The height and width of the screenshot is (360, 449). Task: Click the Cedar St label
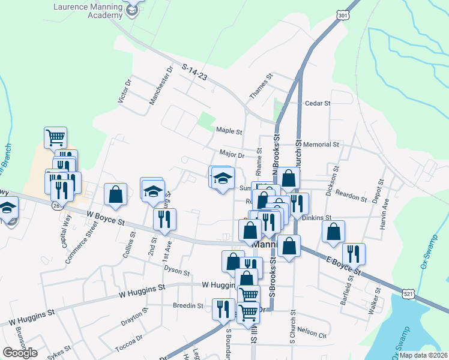pyautogui.click(x=318, y=103)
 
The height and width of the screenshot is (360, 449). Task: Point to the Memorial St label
pyautogui.click(x=321, y=145)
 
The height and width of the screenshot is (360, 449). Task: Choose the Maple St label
pyautogui.click(x=229, y=130)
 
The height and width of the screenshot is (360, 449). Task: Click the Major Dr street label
pyautogui.click(x=232, y=155)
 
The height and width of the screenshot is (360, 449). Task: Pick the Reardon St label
pyautogui.click(x=352, y=197)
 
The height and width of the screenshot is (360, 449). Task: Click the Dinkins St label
pyautogui.click(x=317, y=218)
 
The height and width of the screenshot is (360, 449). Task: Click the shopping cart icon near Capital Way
pyautogui.click(x=55, y=137)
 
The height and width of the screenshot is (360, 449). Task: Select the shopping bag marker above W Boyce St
pyautogui.click(x=115, y=194)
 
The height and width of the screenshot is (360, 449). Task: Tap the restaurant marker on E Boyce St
pyautogui.click(x=354, y=254)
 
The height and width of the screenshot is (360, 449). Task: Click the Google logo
pyautogui.click(x=20, y=353)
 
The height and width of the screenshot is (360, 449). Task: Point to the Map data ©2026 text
pyautogui.click(x=424, y=355)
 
